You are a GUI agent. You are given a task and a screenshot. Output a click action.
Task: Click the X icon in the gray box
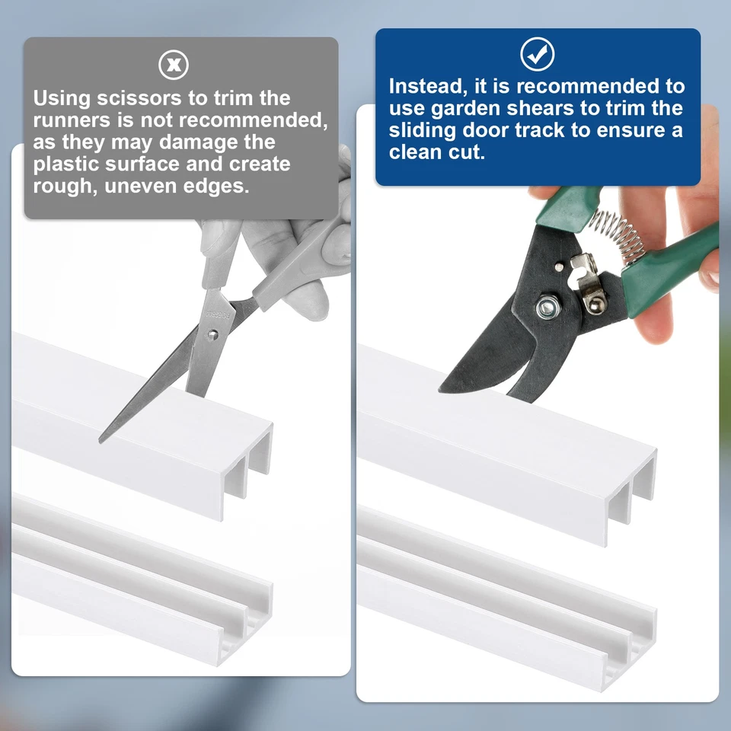[x=174, y=65]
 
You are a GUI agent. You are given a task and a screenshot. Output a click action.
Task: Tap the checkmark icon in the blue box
[x=537, y=54]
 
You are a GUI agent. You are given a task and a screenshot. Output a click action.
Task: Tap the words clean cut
[x=437, y=152]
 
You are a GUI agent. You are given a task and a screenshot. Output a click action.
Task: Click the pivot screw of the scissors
[x=213, y=334]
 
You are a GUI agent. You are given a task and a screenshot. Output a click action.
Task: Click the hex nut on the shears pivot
[x=547, y=308]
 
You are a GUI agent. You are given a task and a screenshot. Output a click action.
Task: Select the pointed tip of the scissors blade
[x=101, y=441]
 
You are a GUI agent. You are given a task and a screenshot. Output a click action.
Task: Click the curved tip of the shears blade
[x=441, y=389]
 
